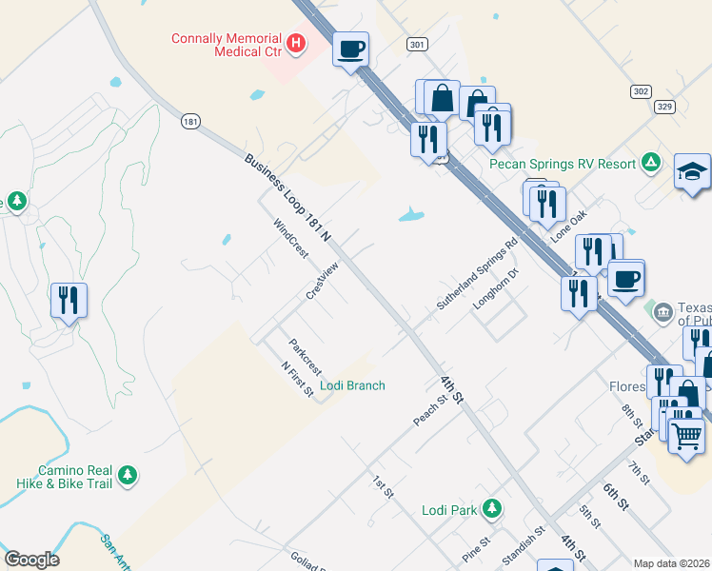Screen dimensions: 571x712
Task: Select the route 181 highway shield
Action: point(191,121)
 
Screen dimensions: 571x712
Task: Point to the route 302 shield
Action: point(641,90)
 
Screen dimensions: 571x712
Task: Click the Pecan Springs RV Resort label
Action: point(563,164)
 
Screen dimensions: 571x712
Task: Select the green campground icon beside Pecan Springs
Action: point(651,162)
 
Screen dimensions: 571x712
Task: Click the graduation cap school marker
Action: point(693,171)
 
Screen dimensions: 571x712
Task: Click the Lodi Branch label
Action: point(352,385)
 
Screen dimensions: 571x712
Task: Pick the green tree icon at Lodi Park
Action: point(492,508)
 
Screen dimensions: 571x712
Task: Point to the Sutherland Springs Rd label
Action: point(477,273)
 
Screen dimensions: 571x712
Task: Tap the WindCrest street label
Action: point(291,240)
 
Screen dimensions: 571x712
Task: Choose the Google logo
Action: point(32,560)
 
